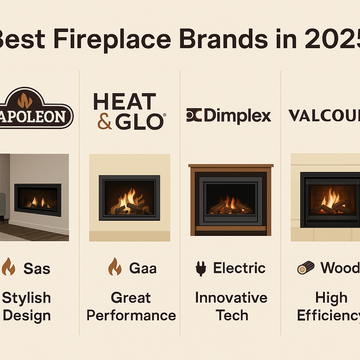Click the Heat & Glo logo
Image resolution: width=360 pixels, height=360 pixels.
129,111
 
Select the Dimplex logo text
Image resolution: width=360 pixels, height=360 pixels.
237,116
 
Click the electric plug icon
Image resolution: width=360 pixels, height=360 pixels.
200,269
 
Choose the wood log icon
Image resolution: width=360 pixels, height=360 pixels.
306,268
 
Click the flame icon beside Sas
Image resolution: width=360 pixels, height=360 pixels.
8,268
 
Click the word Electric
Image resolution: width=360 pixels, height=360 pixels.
239,268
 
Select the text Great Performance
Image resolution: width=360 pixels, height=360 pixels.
131,307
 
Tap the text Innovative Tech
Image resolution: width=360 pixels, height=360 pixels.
231,307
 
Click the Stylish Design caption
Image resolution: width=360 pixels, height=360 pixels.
27,307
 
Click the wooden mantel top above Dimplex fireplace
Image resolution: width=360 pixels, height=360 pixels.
231,166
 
